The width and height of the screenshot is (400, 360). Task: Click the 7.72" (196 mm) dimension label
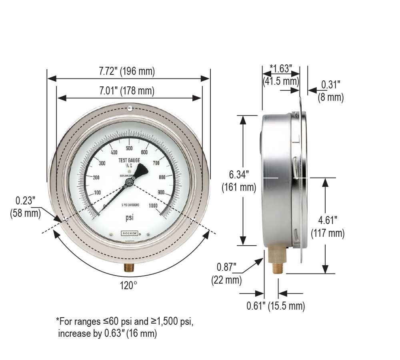click(x=127, y=71)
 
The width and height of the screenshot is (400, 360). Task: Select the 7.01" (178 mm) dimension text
click(x=127, y=91)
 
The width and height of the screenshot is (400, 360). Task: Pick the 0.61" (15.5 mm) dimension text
click(x=276, y=306)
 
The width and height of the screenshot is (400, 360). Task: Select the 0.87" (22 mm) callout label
click(x=226, y=273)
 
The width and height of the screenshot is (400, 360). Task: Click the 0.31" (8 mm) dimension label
click(x=330, y=90)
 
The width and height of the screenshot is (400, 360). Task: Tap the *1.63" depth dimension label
click(x=281, y=74)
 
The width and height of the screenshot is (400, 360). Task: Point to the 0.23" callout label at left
click(x=25, y=207)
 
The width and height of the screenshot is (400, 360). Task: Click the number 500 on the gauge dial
click(x=129, y=148)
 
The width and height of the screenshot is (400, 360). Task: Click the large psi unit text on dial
click(x=129, y=218)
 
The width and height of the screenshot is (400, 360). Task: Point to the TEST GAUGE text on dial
click(x=129, y=160)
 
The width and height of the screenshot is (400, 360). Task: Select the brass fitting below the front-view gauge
click(x=129, y=267)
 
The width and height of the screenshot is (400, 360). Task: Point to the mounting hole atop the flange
click(x=130, y=108)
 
